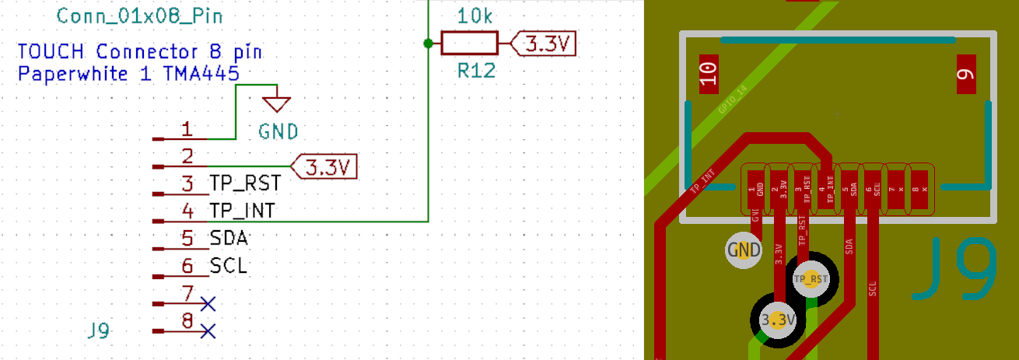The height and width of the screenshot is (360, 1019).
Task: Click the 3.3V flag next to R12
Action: point(545,44)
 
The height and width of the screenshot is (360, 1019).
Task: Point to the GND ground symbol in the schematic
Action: point(277,103)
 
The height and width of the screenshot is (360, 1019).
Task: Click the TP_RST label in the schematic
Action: point(244,184)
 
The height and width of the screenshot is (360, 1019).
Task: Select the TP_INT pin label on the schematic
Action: point(242,211)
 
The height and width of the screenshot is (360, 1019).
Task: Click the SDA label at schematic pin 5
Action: point(229,238)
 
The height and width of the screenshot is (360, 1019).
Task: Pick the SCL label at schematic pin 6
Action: point(229,266)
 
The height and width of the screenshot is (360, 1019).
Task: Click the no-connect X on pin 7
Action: point(207,302)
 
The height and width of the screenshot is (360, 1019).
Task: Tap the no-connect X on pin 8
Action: point(207,331)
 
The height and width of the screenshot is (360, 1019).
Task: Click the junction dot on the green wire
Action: point(427,44)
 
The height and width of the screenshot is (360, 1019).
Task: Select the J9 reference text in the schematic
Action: point(99,331)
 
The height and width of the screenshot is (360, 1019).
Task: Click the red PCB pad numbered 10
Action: point(709,75)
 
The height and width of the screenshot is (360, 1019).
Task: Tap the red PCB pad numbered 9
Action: point(965,75)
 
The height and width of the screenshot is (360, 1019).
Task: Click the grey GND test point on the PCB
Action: point(744,250)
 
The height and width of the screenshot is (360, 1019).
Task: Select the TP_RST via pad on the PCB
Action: point(810,278)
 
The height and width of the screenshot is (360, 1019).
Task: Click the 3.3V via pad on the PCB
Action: point(778,320)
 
